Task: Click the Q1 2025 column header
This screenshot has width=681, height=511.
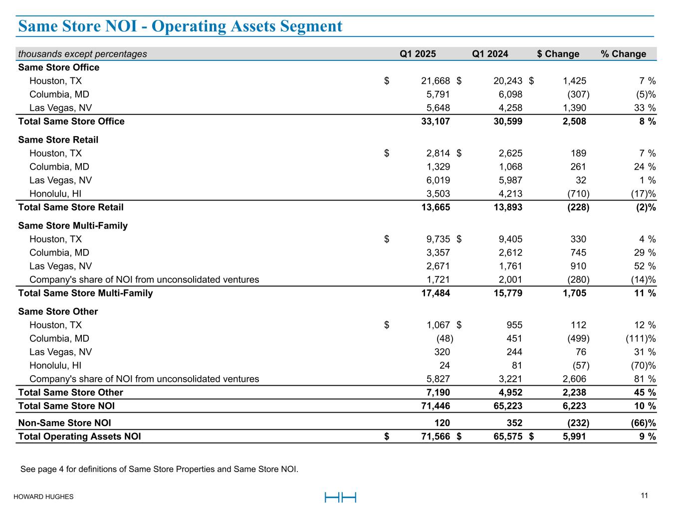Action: (x=418, y=54)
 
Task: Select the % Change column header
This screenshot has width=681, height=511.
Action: (x=623, y=54)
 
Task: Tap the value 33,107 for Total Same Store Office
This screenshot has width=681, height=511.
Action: (x=435, y=121)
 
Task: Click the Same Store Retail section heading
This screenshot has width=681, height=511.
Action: (x=58, y=140)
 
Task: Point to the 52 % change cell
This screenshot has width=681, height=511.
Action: (x=644, y=266)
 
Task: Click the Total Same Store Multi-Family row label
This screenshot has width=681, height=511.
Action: (x=85, y=293)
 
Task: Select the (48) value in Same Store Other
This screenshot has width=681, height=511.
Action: (x=445, y=338)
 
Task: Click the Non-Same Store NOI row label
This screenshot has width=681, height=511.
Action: (x=64, y=423)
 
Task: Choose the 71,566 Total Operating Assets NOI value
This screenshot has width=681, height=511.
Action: (x=435, y=437)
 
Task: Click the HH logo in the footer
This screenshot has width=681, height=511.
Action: (x=340, y=497)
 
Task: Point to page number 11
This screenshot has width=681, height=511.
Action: (x=644, y=496)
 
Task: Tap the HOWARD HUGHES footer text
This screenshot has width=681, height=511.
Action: (x=43, y=497)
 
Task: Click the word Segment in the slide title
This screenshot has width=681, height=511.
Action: (x=310, y=26)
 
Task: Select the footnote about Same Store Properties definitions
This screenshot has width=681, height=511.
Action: (x=159, y=469)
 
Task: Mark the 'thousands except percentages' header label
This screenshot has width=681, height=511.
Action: (x=82, y=54)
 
